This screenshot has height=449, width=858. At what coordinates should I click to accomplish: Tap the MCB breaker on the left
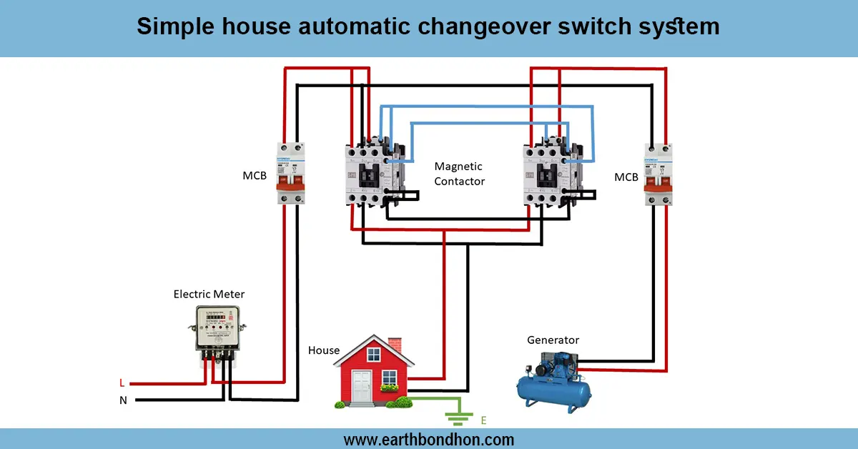tap(291, 172)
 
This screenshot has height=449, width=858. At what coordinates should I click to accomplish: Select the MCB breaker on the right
tap(658, 174)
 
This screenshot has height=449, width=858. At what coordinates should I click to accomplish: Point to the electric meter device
tap(220, 331)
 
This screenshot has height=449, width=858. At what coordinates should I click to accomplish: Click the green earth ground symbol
tap(458, 417)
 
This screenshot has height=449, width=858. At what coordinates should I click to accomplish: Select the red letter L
tap(122, 383)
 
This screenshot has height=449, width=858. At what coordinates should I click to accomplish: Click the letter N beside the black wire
tap(123, 400)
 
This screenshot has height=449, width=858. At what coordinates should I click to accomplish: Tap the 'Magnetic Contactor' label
tap(459, 174)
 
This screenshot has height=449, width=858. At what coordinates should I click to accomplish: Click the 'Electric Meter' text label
tap(209, 294)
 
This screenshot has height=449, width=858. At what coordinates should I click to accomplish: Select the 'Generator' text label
tap(553, 340)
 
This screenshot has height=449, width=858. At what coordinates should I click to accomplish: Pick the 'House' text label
tap(323, 350)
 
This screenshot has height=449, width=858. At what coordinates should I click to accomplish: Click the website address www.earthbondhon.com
tap(428, 439)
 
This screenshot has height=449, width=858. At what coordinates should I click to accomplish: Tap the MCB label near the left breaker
tap(255, 175)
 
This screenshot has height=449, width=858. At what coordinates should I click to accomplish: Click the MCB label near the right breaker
tap(626, 177)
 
